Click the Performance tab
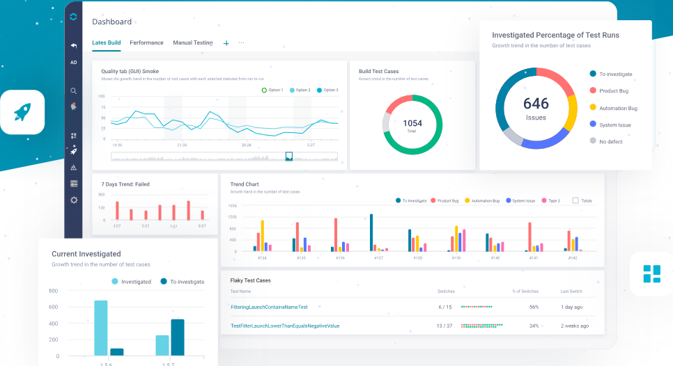pos(146,42)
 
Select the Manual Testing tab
pos(192,42)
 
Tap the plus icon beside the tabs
pos(226,43)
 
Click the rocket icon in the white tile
pos(22,111)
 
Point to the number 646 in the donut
pos(536,104)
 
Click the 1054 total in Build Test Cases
pos(412,123)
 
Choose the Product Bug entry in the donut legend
pos(613,90)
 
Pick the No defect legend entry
pos(611,141)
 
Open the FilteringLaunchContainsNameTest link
pos(269,307)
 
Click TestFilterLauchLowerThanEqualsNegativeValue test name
pos(285,326)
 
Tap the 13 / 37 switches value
pos(444,326)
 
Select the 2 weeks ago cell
pos(574,326)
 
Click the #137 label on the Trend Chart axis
pos(378,257)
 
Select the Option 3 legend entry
pos(327,90)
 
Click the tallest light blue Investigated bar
pos(101,328)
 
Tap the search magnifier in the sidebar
pos(74,90)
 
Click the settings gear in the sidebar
pos(74,200)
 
